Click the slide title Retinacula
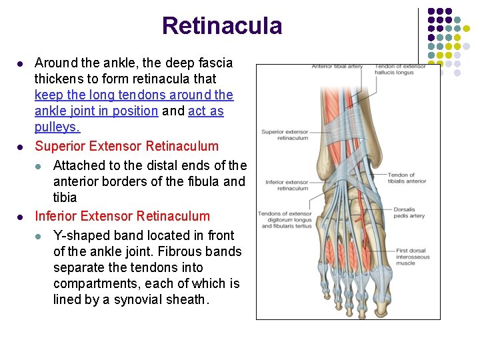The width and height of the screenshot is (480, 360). (221, 26)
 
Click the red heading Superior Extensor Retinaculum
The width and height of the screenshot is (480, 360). (127, 146)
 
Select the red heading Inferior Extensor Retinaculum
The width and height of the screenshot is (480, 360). (122, 216)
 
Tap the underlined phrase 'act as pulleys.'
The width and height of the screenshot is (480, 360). (129, 119)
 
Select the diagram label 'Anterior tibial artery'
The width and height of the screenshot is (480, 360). (337, 67)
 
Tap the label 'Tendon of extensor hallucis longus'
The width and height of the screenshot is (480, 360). (399, 69)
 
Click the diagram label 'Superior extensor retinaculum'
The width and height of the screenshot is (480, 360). (285, 135)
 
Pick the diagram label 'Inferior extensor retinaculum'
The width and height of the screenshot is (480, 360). (287, 185)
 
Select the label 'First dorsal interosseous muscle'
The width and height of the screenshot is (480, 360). (411, 257)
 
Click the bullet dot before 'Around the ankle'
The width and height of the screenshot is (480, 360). (20, 63)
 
